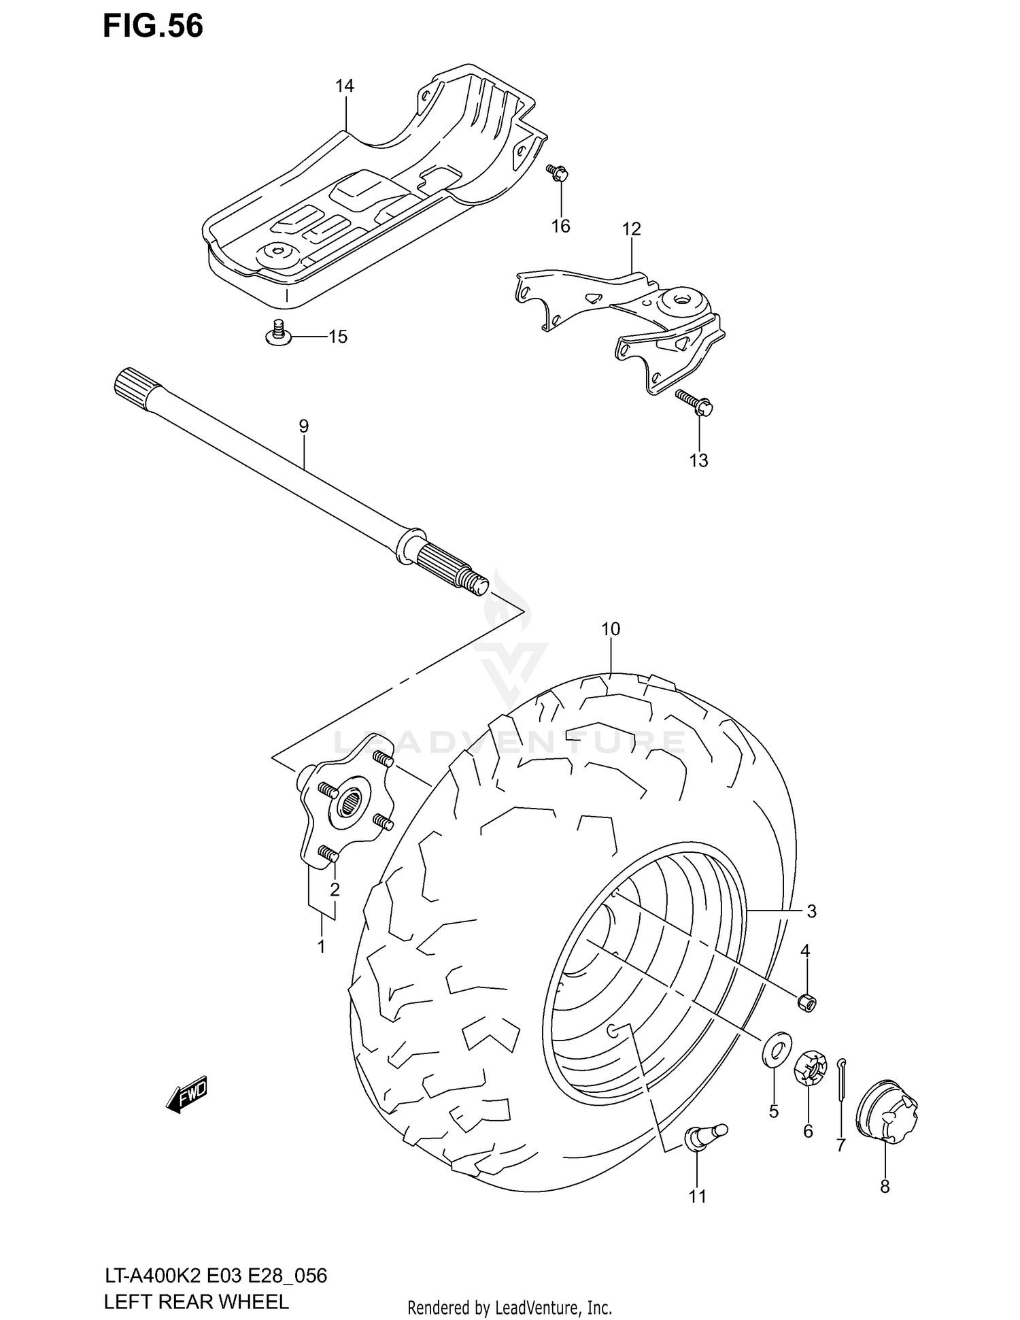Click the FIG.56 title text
153,27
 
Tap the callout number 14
345,86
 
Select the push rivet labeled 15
278,334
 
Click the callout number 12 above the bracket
631,229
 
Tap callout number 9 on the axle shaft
303,426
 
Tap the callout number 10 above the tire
610,629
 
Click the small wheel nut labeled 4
806,1002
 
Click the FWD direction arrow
186,1094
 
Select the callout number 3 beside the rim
811,911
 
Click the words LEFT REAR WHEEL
197,1302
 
